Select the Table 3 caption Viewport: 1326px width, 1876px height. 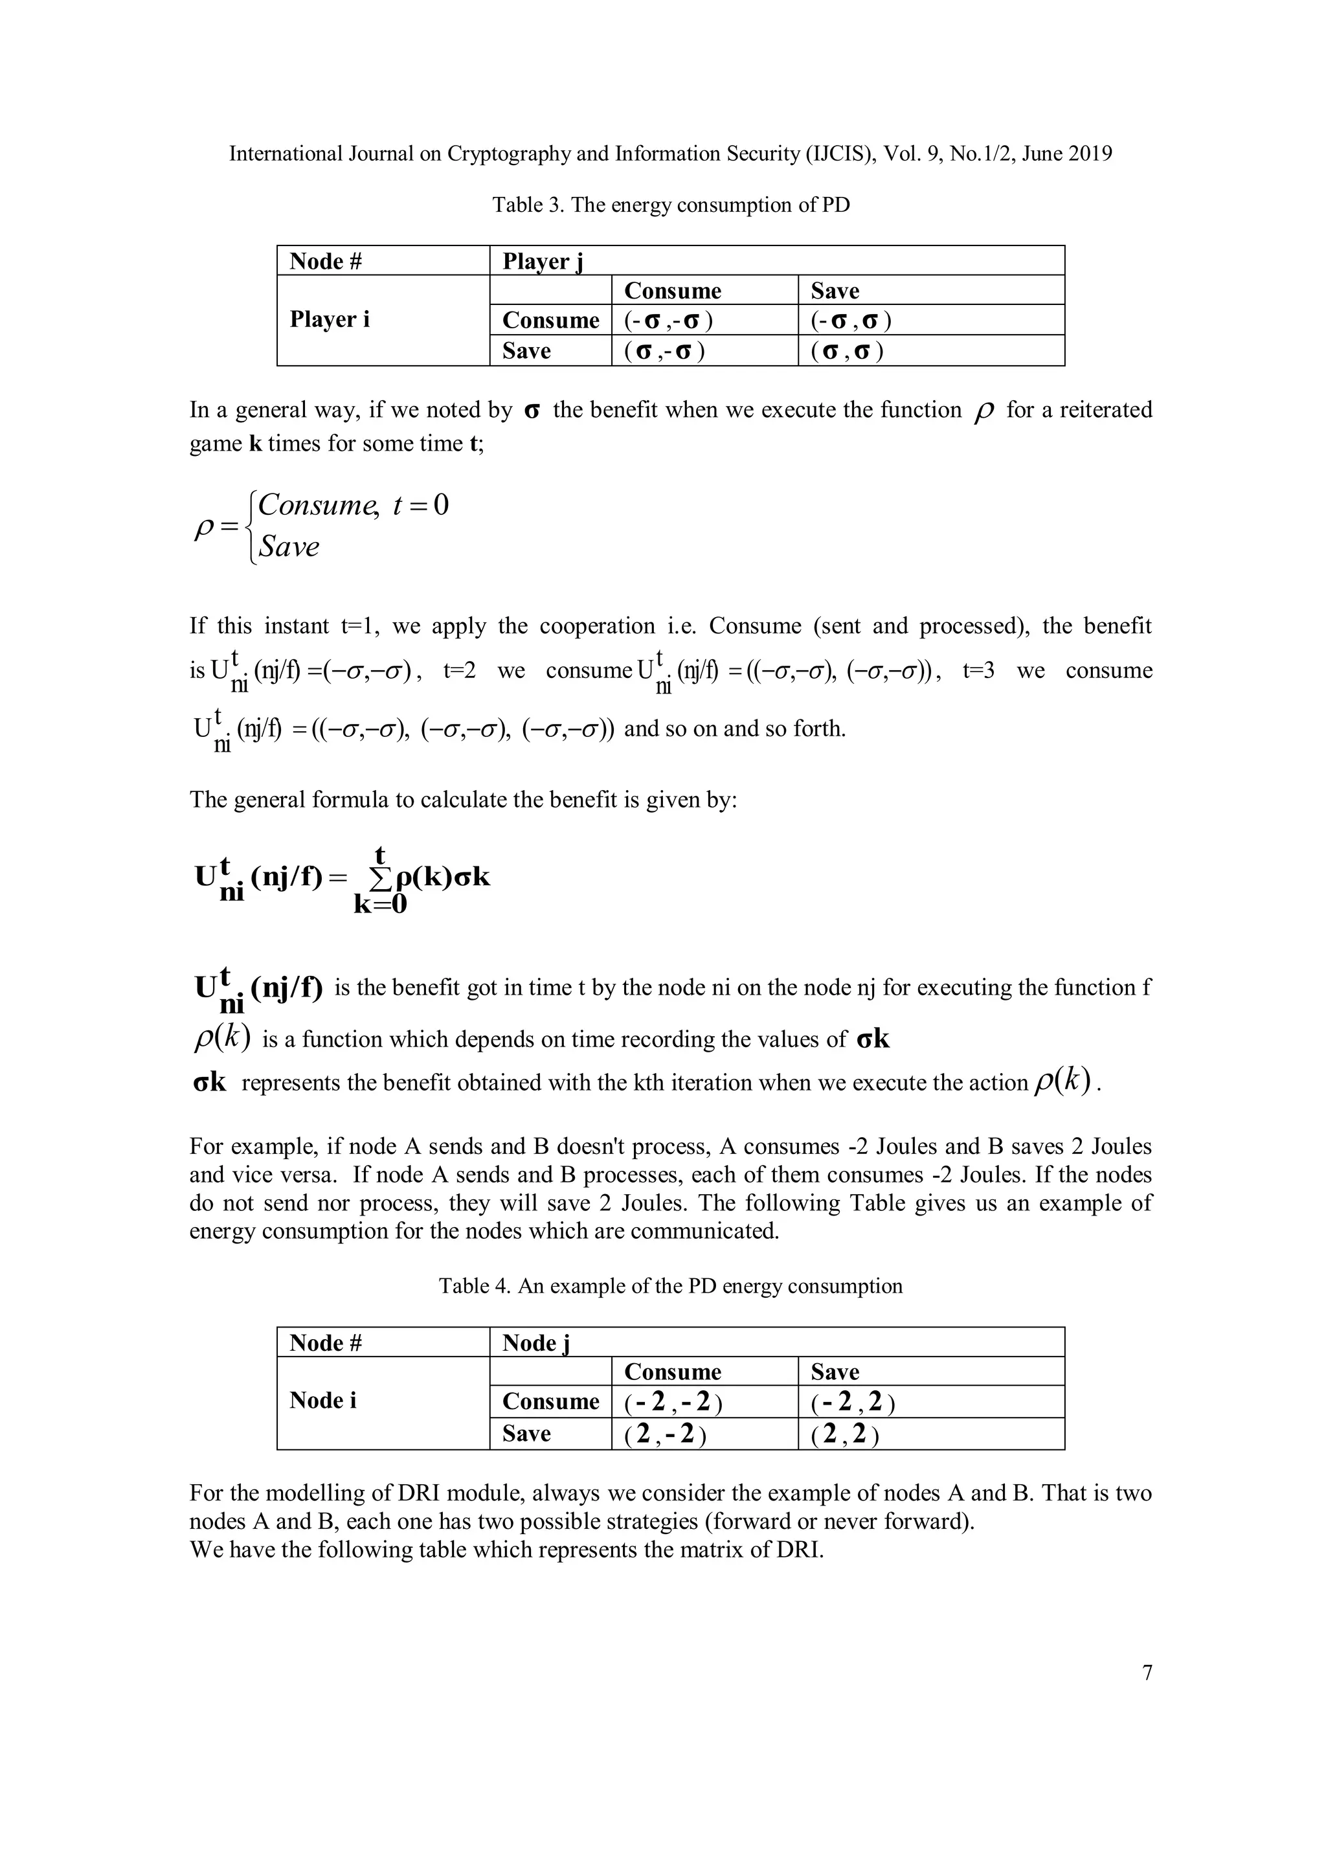[x=671, y=205]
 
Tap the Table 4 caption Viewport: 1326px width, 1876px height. [x=671, y=1286]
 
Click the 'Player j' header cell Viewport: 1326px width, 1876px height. [x=543, y=262]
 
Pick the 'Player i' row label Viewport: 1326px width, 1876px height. [x=330, y=319]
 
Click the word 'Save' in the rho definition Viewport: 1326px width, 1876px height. [x=288, y=547]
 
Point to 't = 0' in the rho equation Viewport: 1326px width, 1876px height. [x=421, y=506]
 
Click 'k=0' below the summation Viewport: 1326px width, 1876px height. [x=380, y=905]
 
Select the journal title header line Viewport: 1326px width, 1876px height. [x=671, y=153]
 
